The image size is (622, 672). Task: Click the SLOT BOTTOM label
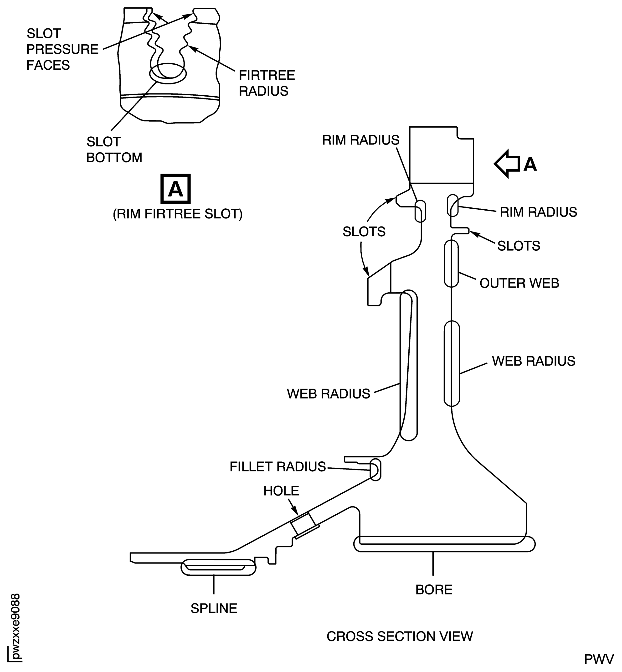(114, 150)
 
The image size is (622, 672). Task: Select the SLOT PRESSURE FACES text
(62, 49)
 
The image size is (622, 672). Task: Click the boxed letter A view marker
(175, 189)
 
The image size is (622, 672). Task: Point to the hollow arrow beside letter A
(507, 164)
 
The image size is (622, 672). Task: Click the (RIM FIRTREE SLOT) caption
(177, 214)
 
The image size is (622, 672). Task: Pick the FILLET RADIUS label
(278, 467)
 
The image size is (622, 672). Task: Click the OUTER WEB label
(519, 283)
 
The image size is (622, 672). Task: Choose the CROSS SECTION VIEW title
(400, 636)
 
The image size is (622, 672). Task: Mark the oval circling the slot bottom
(168, 73)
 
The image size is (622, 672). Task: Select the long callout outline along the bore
(444, 544)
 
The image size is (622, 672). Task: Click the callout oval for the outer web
(451, 264)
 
